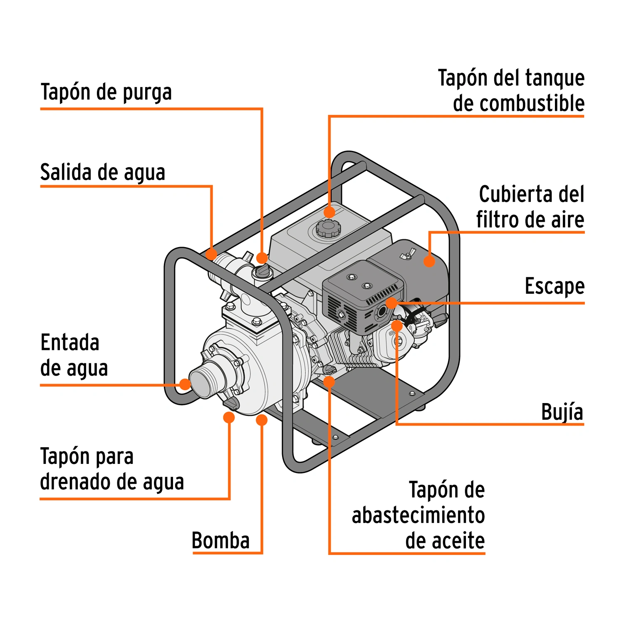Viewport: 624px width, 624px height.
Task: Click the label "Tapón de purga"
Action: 106,92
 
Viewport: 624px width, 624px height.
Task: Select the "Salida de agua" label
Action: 103,172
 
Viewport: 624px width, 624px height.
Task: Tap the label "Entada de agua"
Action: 74,355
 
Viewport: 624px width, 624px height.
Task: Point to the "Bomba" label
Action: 220,540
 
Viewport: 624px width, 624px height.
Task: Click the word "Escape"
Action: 555,287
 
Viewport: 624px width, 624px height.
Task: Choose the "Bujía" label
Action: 562,412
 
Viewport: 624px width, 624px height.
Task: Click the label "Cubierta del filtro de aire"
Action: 530,207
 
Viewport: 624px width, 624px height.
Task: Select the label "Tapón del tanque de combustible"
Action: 511,90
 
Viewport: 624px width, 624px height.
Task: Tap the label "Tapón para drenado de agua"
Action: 112,469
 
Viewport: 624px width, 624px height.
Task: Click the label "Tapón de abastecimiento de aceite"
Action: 418,515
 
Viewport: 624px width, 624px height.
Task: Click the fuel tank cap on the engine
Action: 328,228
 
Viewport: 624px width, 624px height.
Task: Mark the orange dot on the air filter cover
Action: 429,261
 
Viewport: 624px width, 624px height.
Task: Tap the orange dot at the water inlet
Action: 185,384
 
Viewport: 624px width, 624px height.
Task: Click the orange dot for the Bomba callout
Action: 262,420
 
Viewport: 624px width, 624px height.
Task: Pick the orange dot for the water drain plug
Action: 229,417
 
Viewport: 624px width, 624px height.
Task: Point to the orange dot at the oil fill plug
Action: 329,382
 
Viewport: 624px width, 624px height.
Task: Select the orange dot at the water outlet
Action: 212,254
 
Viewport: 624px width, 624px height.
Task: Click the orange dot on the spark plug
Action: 397,326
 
